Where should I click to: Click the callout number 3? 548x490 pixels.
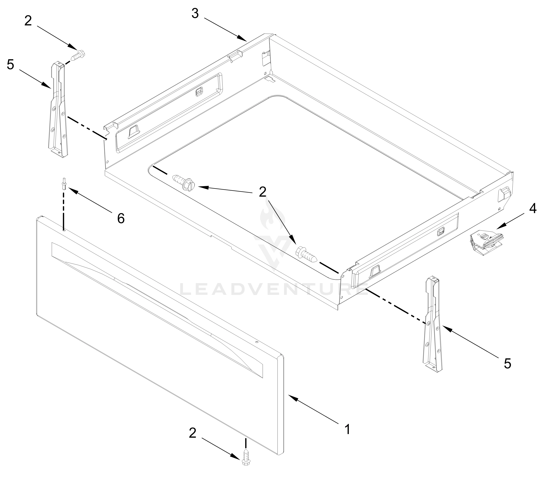click(x=195, y=13)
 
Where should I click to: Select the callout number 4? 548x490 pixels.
click(x=533, y=208)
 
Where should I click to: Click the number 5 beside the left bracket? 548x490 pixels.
click(x=10, y=65)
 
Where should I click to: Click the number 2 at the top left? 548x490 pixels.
click(x=28, y=21)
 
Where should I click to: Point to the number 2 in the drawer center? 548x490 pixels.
click(x=262, y=192)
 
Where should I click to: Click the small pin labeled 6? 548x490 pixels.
click(x=64, y=184)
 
